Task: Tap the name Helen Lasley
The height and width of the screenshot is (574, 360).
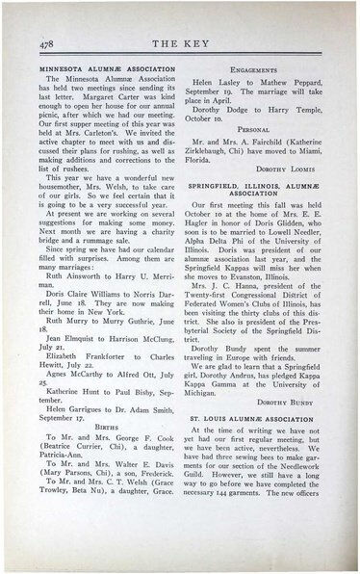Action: click(x=219, y=83)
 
